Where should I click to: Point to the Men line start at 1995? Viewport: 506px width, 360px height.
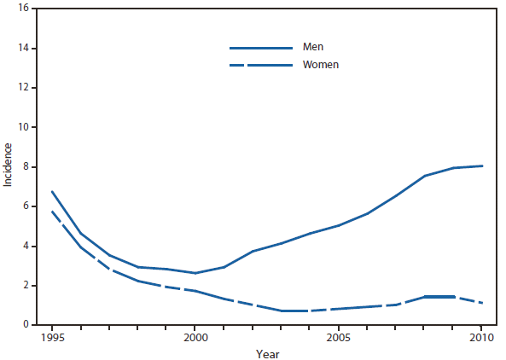coord(52,192)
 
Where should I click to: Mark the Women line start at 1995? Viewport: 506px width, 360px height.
coord(52,212)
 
